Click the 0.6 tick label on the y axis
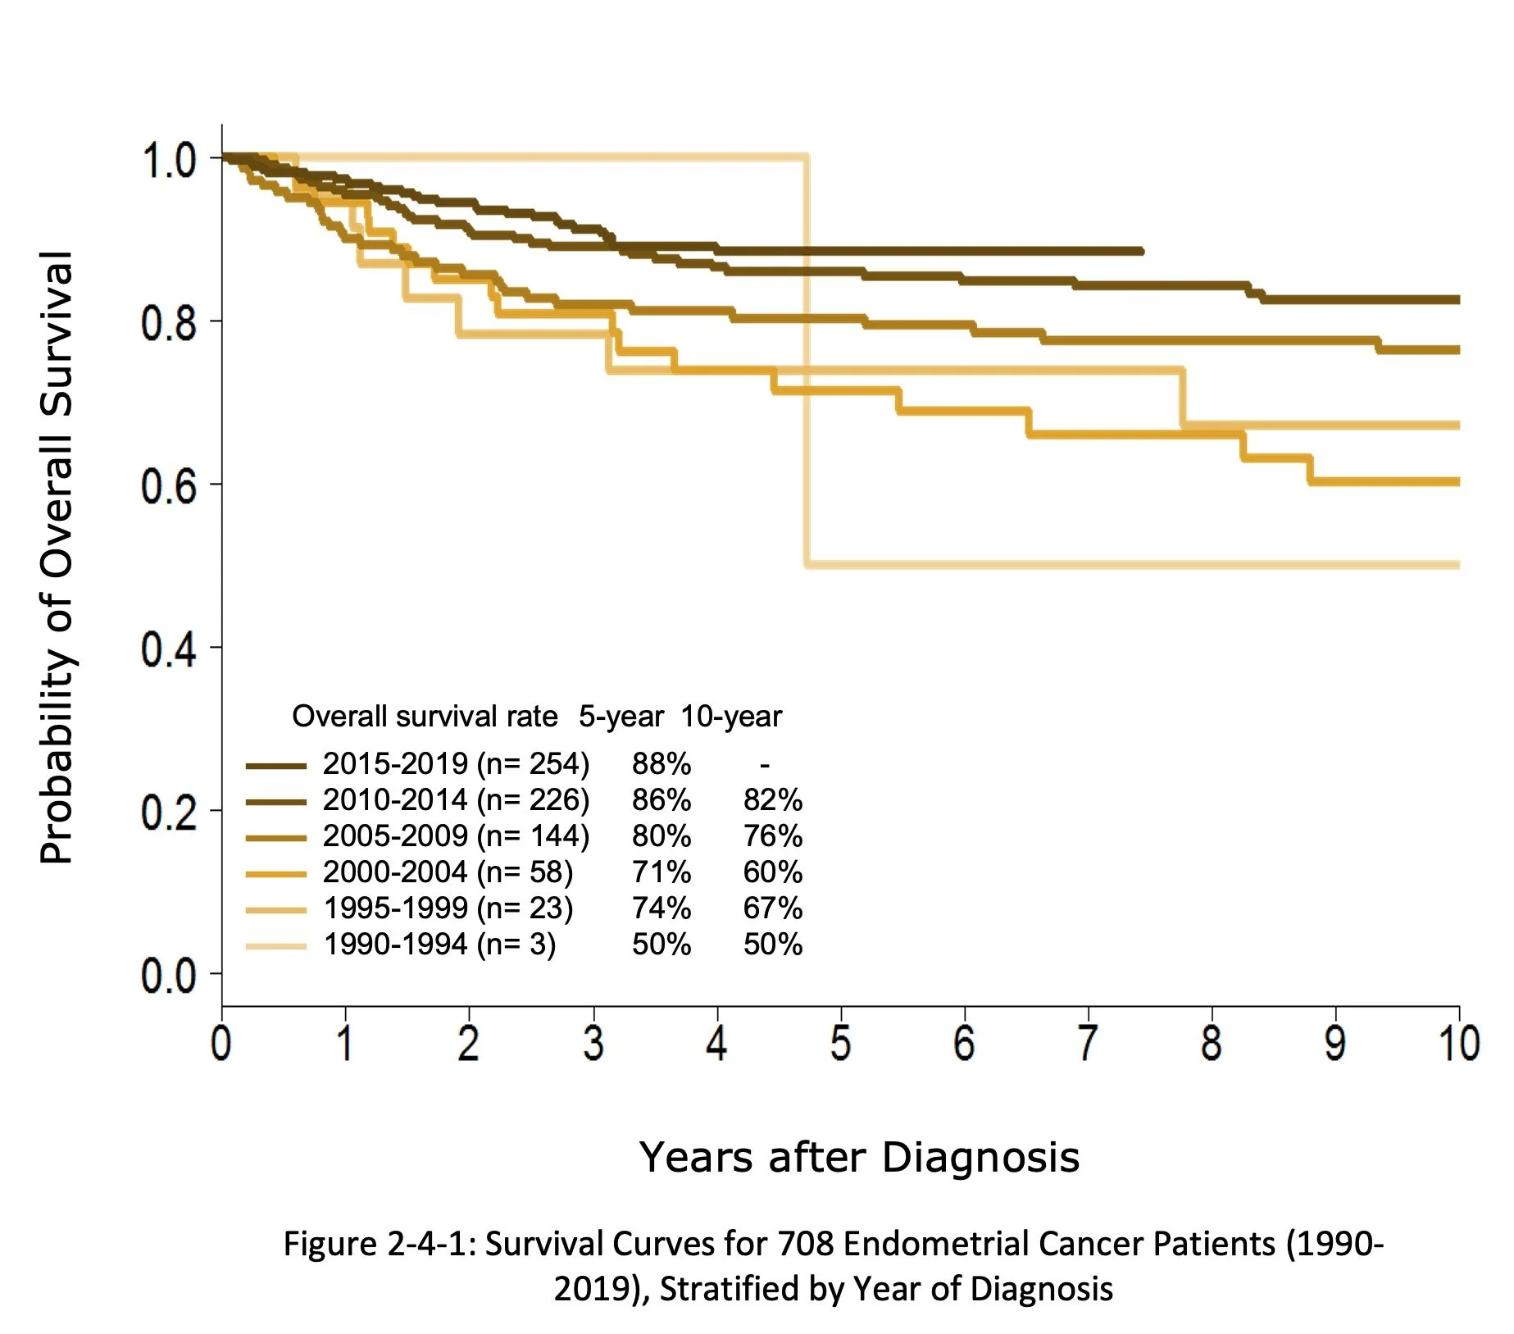pos(168,485)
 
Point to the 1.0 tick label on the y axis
pos(168,160)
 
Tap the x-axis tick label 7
pos(1088,1043)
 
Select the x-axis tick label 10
pos(1458,1043)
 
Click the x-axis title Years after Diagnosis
pos(858,1157)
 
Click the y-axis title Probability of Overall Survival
pos(57,558)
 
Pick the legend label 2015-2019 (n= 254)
pos(456,763)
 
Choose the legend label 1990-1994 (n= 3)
pos(439,944)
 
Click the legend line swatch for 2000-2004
pos(275,874)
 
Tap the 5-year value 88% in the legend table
pos(661,763)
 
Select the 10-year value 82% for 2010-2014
pos(772,799)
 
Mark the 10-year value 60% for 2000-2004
pos(772,872)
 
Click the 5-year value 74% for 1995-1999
pos(661,908)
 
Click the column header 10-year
pos(731,716)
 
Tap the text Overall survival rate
pos(425,716)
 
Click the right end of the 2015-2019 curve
pos(1140,251)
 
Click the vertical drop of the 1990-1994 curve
pos(807,361)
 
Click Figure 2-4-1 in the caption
pos(378,1244)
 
